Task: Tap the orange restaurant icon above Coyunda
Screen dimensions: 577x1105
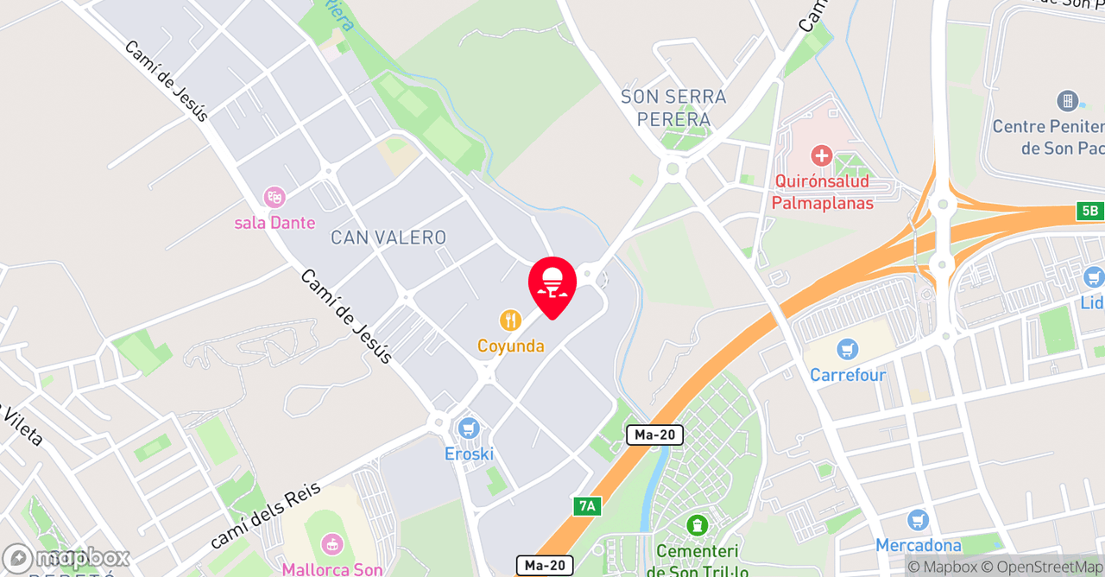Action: [511, 321]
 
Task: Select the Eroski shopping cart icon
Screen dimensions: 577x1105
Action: [469, 428]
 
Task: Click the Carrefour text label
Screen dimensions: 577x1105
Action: [848, 376]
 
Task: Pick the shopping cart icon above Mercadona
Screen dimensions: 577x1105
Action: [918, 520]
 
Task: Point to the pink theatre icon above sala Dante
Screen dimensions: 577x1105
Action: [275, 197]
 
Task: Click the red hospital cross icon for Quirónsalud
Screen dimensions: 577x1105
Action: [822, 156]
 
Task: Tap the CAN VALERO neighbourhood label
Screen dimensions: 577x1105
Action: [388, 238]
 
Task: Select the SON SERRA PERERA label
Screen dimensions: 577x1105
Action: [673, 108]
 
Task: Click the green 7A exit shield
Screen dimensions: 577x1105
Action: [586, 506]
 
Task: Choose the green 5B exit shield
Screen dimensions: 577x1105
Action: [1089, 211]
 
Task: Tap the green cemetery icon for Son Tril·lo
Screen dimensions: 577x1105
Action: [697, 524]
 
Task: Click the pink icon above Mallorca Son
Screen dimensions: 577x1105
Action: [331, 544]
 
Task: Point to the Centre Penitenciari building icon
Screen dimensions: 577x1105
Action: [1068, 101]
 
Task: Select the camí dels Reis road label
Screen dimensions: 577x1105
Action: [265, 517]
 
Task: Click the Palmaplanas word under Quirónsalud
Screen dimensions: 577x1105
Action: [822, 204]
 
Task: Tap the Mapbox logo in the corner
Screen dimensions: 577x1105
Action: [66, 558]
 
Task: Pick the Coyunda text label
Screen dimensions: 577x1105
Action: [511, 346]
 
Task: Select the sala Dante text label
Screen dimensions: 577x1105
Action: [275, 223]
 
